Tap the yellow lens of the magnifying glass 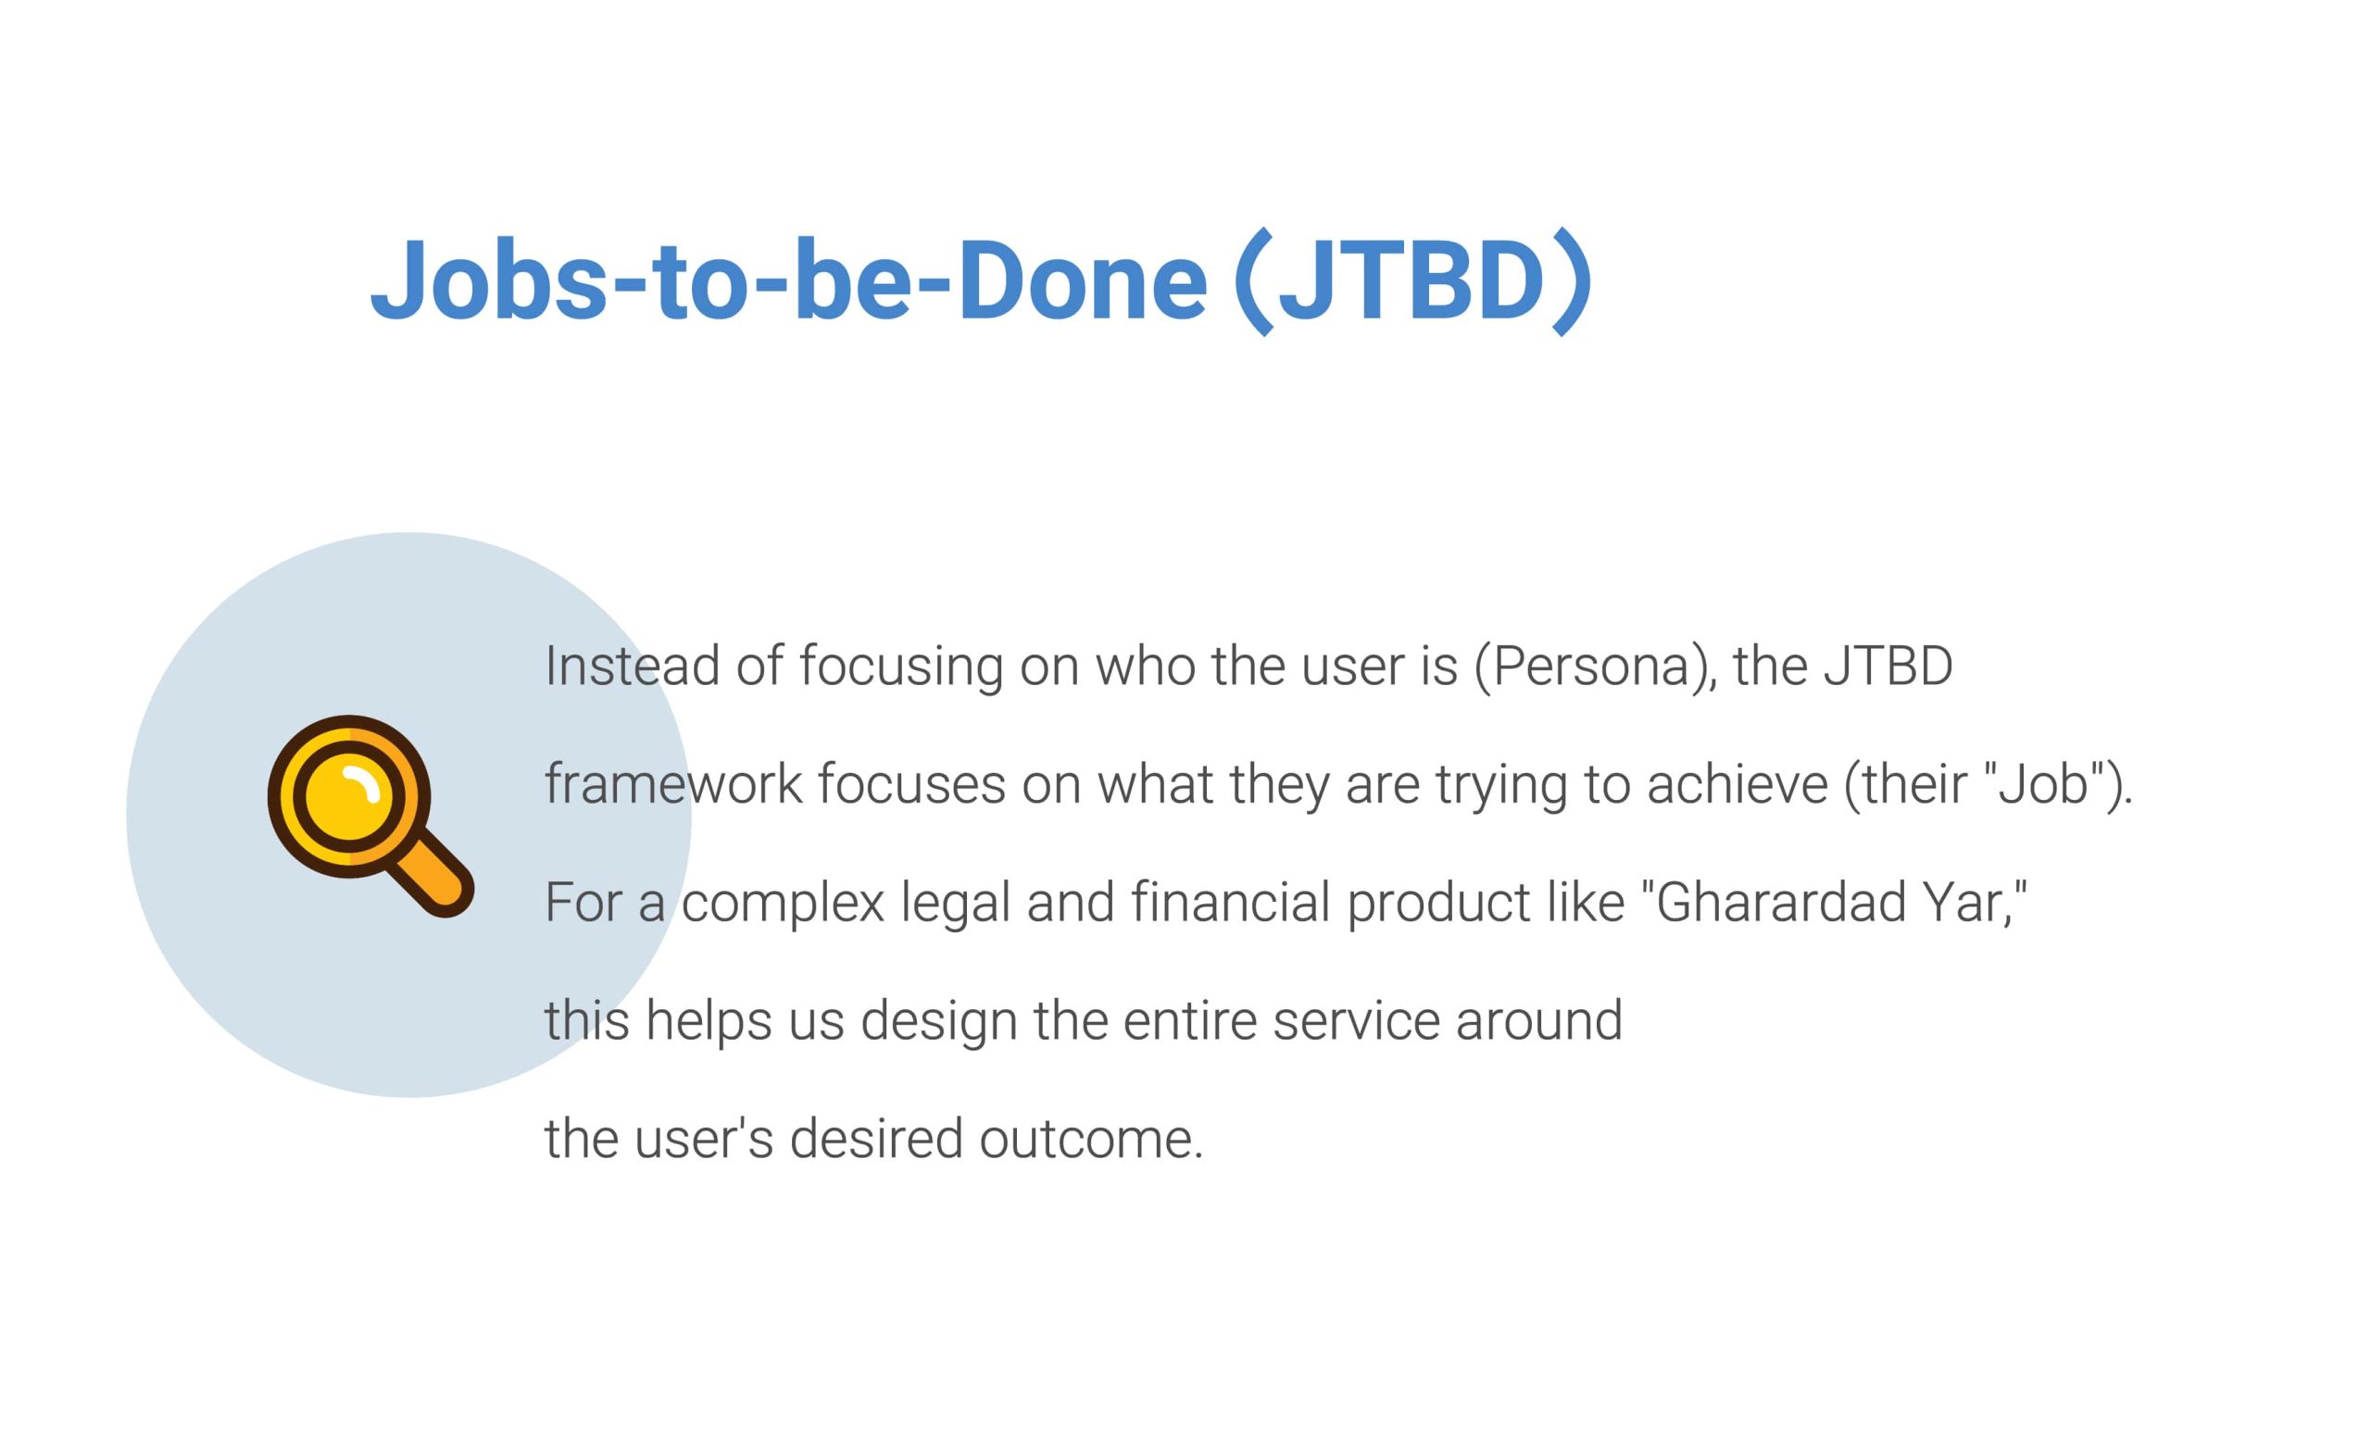click(348, 796)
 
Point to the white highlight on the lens click(364, 783)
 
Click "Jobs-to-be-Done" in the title click(788, 280)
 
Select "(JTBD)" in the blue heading click(1412, 280)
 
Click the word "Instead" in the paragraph click(633, 666)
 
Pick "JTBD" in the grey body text click(1888, 666)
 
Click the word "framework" click(673, 783)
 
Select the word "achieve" click(1737, 784)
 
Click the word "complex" click(783, 904)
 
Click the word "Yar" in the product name click(1963, 903)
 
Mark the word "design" click(939, 1022)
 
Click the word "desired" click(875, 1139)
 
